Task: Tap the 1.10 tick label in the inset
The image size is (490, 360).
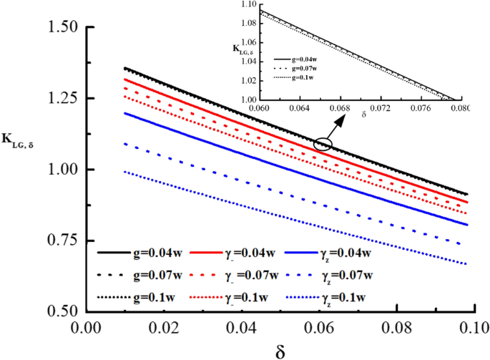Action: pyautogui.click(x=248, y=4)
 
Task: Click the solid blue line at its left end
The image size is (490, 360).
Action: pyautogui.click(x=124, y=113)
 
